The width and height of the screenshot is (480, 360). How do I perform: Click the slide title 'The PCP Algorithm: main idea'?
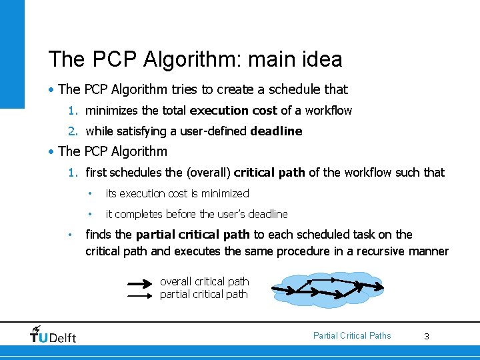click(195, 59)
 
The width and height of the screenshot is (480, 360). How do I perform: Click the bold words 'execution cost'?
click(233, 111)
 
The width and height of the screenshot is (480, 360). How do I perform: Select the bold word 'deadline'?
click(276, 131)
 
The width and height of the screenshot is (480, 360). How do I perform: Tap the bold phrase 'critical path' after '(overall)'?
click(269, 173)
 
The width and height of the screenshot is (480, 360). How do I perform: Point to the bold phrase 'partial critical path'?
click(193, 235)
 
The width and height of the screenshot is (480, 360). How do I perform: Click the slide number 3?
click(427, 337)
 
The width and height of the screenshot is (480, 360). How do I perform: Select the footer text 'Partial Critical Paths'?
click(352, 335)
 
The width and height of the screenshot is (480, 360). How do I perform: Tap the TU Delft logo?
click(53, 334)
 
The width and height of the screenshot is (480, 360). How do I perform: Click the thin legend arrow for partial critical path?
click(140, 295)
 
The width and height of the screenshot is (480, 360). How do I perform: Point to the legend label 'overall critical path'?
click(204, 282)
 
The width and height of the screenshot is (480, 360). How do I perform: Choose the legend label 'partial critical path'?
click(203, 294)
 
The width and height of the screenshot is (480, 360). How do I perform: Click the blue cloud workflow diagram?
click(327, 289)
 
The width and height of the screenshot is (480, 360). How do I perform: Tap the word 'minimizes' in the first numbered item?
click(109, 111)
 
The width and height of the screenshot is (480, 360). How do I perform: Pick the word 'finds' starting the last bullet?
click(98, 235)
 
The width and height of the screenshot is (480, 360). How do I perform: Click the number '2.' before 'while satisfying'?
click(75, 131)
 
